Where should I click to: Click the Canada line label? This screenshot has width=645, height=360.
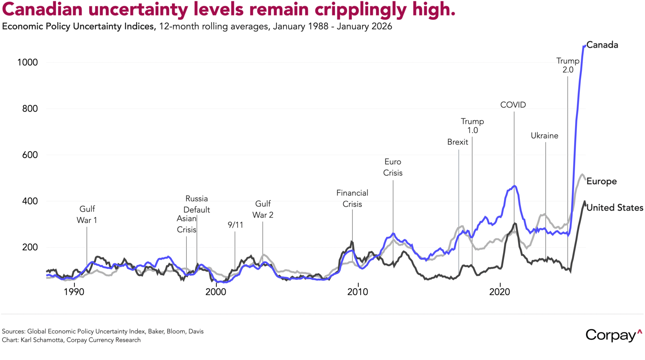point(602,45)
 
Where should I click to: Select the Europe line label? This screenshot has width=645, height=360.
point(601,181)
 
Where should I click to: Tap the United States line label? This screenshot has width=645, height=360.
point(615,208)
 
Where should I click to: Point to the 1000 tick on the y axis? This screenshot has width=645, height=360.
point(27,62)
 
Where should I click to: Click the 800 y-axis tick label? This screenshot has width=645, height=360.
point(30,109)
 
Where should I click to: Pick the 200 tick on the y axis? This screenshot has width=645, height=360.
point(30,247)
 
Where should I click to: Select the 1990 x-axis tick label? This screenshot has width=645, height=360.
point(74,292)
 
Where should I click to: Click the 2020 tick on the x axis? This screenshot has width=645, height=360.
point(500,292)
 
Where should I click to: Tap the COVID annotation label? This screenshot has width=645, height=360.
point(513,105)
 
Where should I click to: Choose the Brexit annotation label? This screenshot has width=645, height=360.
point(457,142)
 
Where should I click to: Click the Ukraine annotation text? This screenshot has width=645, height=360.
point(544,136)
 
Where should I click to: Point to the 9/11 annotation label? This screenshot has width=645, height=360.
point(235,225)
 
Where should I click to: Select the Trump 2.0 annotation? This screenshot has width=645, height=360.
point(568,65)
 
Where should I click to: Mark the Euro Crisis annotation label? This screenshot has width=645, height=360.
point(393,167)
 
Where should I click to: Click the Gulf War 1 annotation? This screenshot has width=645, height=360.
point(87,215)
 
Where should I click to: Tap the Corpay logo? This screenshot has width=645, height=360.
point(613,335)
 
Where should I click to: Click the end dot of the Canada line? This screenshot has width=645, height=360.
point(585,46)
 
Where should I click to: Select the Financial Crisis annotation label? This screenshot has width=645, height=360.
point(352,198)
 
